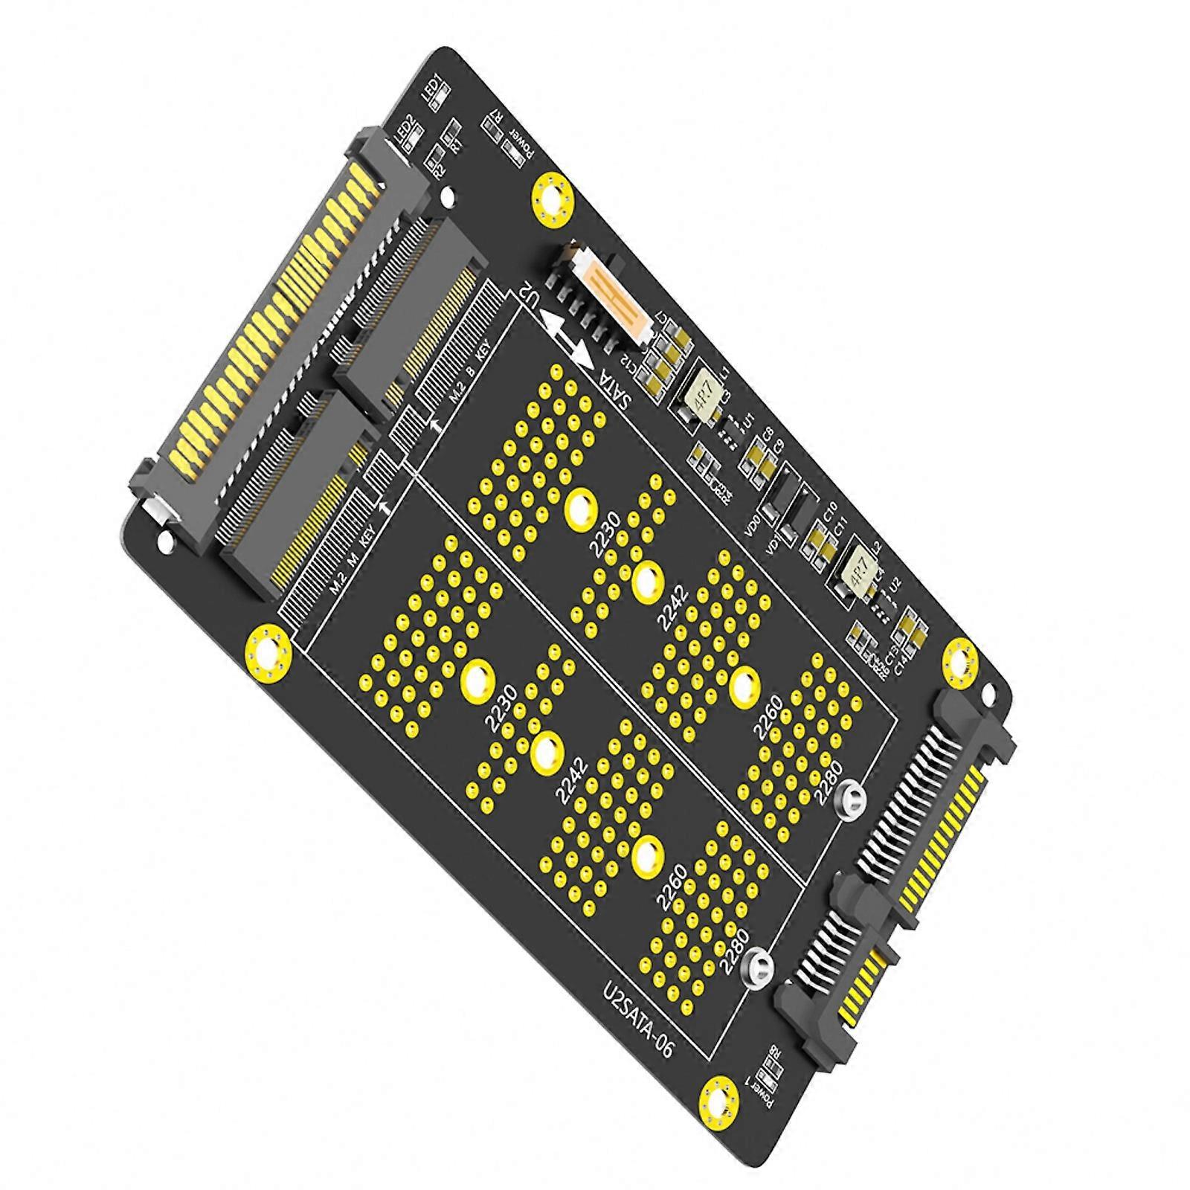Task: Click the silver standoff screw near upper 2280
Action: point(851,801)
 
